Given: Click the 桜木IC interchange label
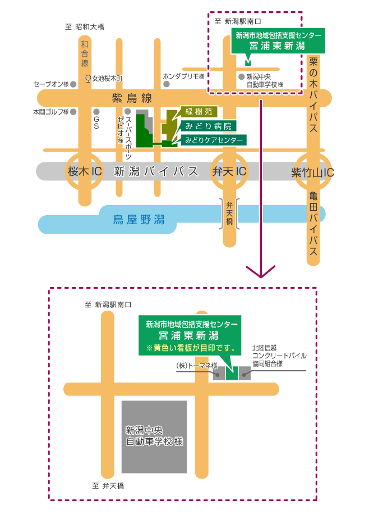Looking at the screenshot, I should click(85, 172).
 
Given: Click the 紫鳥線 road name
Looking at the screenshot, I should click(132, 98).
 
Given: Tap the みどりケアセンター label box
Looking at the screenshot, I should click(214, 139).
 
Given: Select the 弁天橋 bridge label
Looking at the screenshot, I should click(230, 214).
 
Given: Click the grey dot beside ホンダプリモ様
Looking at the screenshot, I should click(167, 84).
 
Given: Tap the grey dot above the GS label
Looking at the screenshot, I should click(96, 111).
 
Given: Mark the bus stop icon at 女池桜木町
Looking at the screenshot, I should click(88, 79).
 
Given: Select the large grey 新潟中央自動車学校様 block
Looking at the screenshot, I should click(154, 436).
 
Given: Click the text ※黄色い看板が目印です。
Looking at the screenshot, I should click(190, 348).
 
